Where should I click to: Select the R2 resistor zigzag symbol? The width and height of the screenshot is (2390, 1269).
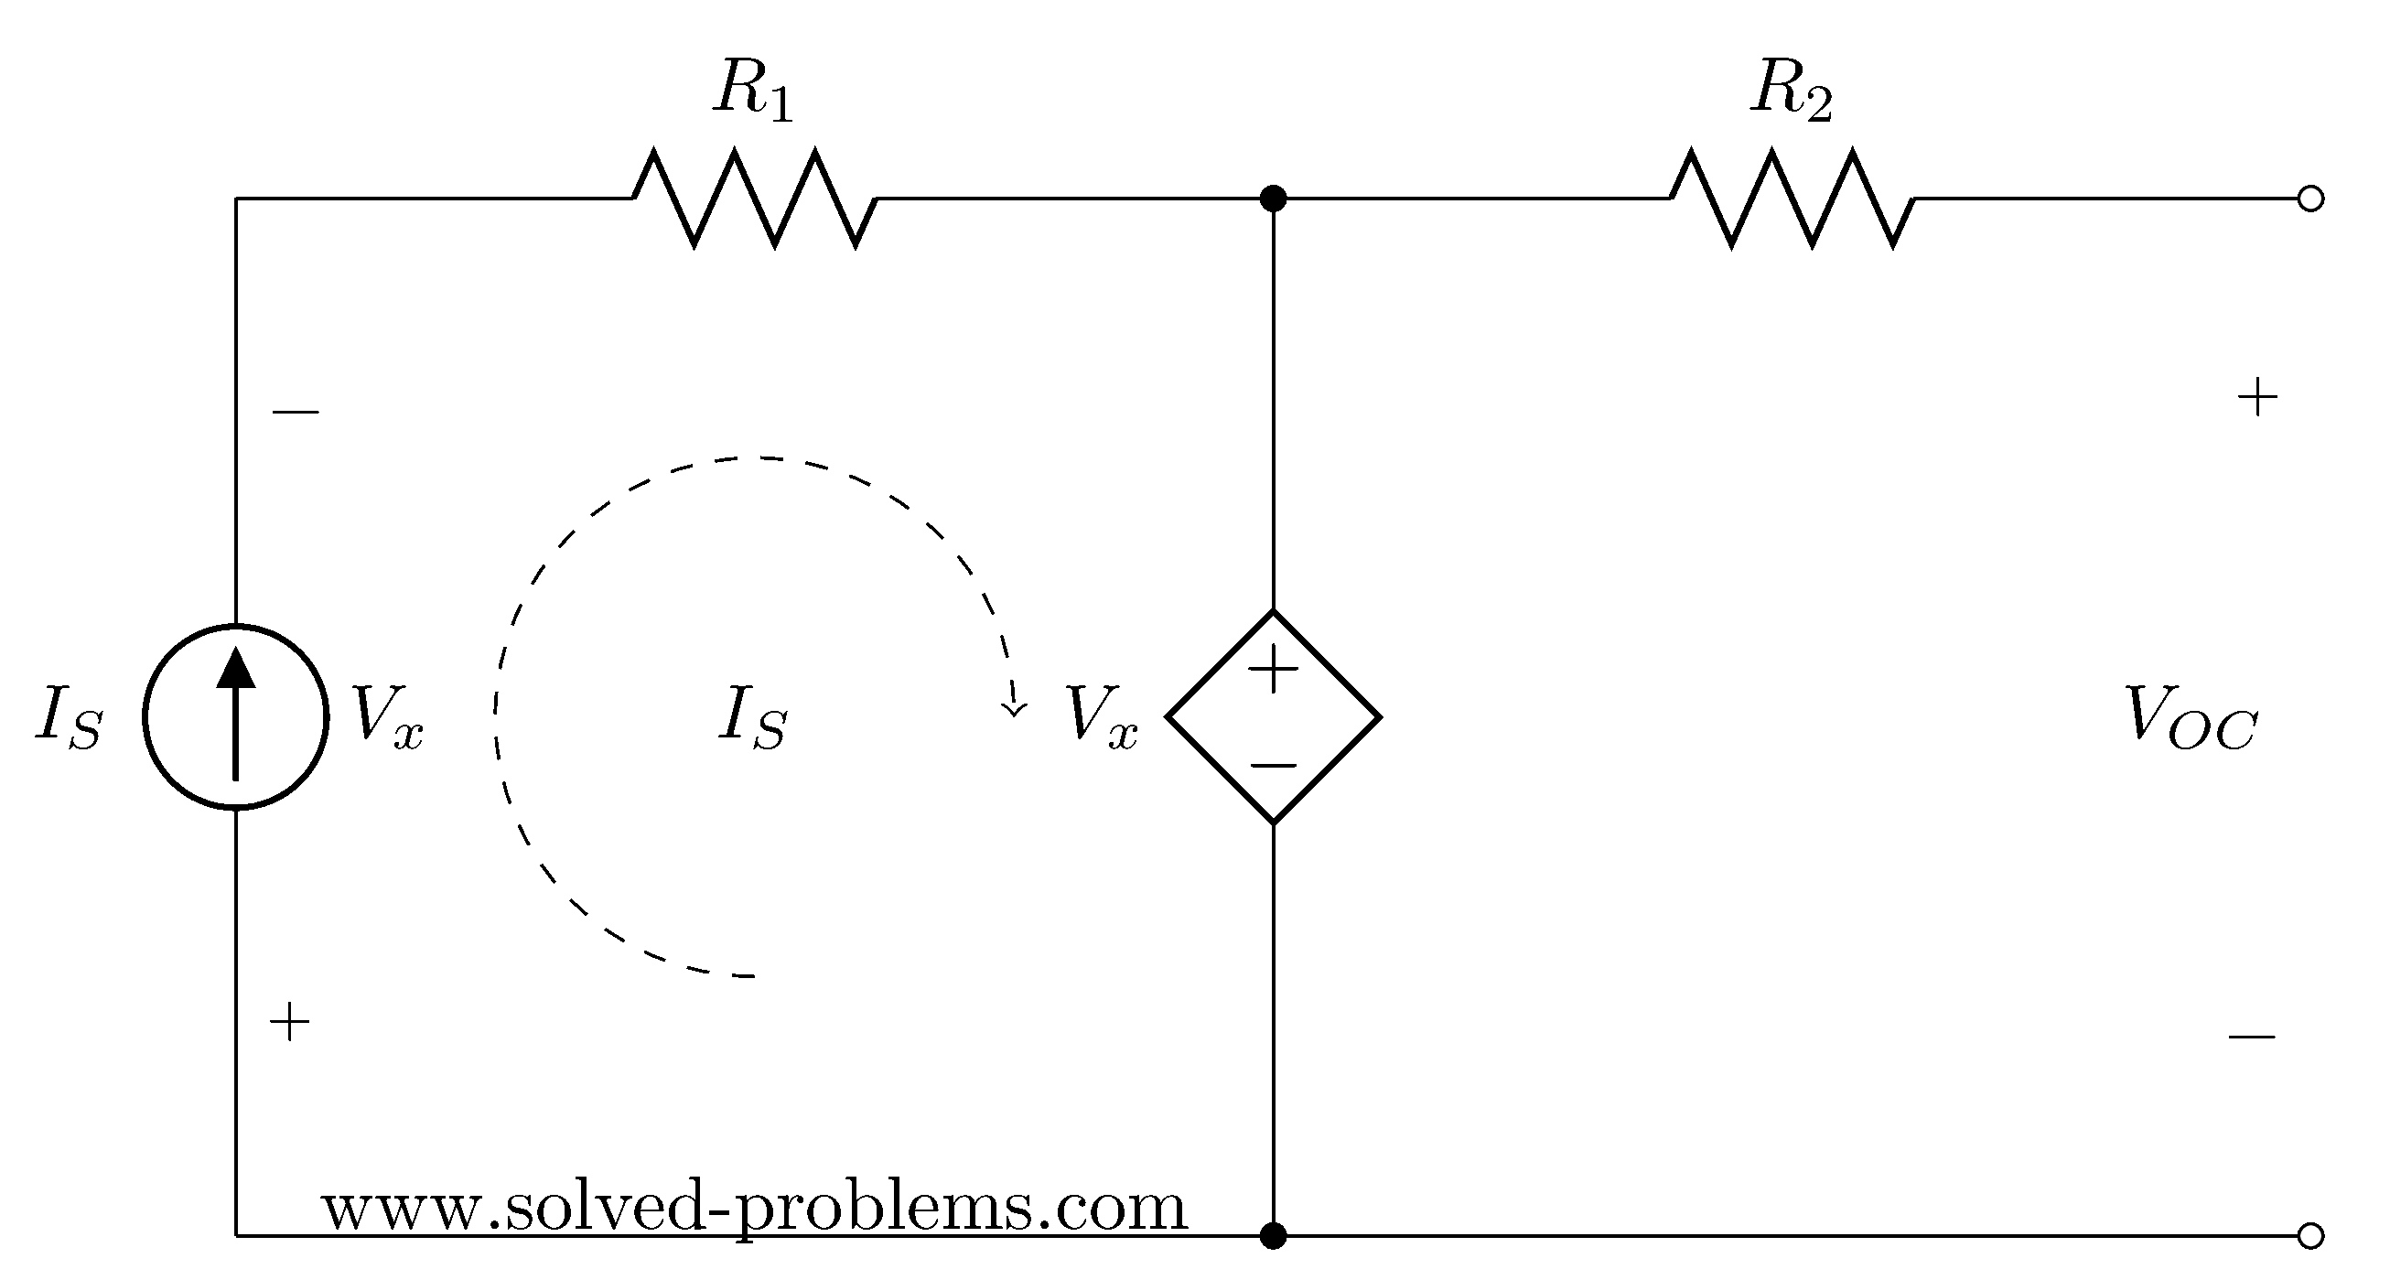tap(1792, 198)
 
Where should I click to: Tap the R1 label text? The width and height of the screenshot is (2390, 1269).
tap(753, 93)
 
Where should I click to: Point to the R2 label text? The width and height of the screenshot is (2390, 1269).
tap(1792, 93)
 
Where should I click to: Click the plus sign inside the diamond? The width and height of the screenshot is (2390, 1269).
tap(1274, 670)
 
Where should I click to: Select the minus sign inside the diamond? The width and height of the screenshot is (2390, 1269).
tap(1274, 765)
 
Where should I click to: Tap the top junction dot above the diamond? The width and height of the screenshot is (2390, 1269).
tap(1274, 198)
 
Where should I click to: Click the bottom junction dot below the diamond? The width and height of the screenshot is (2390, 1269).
tap(1274, 1235)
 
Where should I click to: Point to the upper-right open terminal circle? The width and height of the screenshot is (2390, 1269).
tap(2310, 199)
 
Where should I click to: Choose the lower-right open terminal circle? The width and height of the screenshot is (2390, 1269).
tap(2310, 1235)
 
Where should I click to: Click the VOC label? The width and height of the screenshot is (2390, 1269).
tap(2191, 718)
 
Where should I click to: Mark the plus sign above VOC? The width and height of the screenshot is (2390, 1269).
tap(2257, 400)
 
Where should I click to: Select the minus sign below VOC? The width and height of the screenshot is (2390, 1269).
tap(2252, 1037)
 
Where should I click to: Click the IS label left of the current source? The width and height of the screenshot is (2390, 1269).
tap(70, 718)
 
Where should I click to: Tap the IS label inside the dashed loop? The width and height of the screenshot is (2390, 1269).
tap(752, 718)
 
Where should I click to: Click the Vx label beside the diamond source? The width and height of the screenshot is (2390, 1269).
tap(1102, 718)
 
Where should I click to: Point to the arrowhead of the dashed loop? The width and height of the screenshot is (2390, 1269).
tap(1014, 707)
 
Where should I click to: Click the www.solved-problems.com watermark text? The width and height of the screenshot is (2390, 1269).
tap(754, 1208)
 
